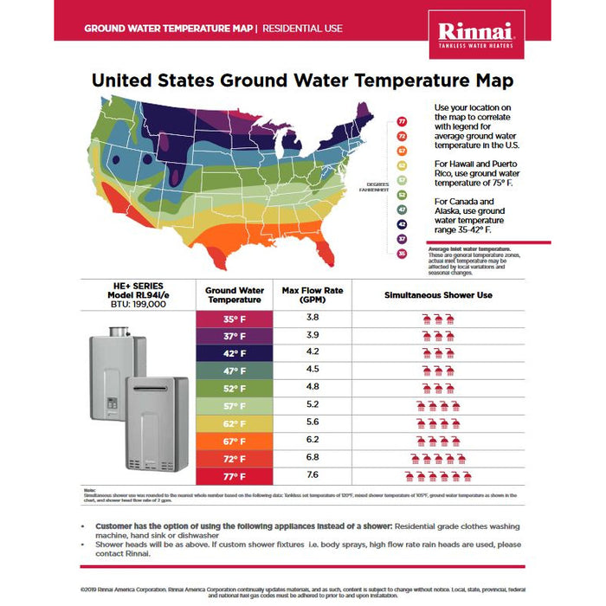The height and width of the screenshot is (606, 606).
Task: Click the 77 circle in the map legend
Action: [402, 122]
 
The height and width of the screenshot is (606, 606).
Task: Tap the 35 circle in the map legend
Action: [402, 253]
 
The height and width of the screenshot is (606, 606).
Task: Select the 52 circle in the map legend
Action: [402, 195]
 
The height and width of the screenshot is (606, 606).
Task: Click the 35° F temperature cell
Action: [235, 319]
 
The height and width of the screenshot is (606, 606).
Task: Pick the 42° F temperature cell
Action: [235, 353]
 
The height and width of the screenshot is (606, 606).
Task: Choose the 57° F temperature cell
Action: [235, 406]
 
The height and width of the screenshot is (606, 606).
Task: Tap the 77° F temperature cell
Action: [235, 476]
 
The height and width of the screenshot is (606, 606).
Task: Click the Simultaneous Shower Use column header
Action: [438, 295]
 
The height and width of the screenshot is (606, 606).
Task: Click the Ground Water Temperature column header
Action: [235, 294]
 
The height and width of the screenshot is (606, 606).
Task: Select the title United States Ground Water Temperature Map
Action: [302, 81]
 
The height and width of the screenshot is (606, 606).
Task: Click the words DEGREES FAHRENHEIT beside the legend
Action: [377, 186]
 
